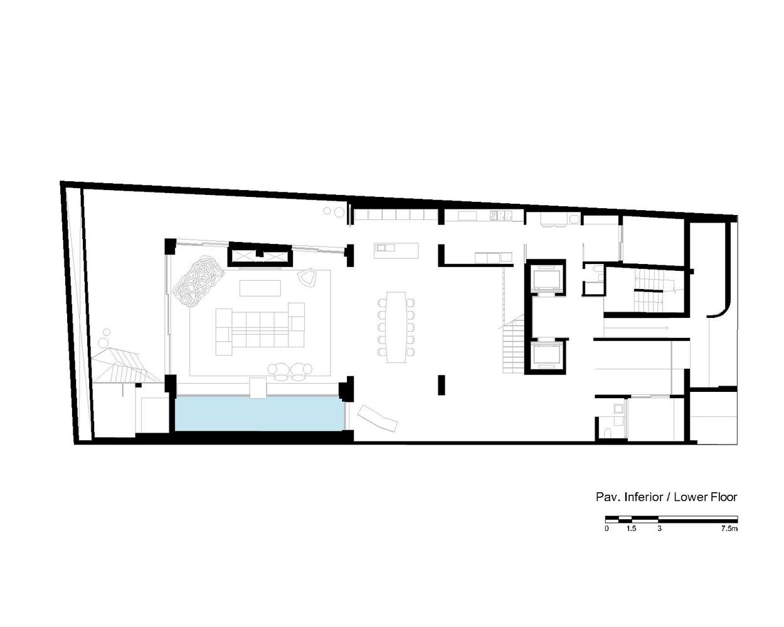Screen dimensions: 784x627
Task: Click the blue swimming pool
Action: (x=260, y=414)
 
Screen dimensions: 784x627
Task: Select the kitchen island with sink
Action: (x=396, y=251)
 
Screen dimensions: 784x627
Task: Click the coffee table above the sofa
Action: (x=260, y=288)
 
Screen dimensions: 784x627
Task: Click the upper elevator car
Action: (x=546, y=278)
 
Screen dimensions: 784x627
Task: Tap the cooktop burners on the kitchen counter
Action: (x=501, y=216)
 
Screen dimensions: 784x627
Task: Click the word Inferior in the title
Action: (x=644, y=497)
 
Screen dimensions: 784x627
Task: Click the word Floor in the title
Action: (x=722, y=497)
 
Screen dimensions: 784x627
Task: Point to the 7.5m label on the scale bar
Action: (x=729, y=529)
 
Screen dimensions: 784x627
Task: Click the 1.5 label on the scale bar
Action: (x=632, y=529)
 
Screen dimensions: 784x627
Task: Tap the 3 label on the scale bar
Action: (x=659, y=529)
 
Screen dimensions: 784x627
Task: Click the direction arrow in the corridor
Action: (x=636, y=329)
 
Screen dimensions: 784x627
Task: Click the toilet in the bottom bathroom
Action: (x=607, y=433)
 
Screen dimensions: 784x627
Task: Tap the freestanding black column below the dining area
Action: (x=441, y=385)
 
